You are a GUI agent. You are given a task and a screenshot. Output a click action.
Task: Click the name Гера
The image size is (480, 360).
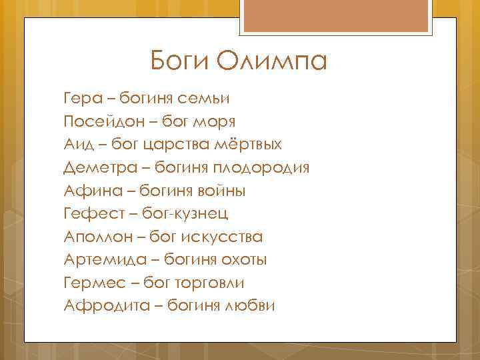pos(83,99)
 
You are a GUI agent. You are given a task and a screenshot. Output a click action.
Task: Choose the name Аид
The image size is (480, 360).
pos(79,145)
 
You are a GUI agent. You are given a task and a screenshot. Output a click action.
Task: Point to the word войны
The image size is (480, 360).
pos(221,191)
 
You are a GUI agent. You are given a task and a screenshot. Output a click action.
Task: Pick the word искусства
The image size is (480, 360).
pos(225,237)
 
